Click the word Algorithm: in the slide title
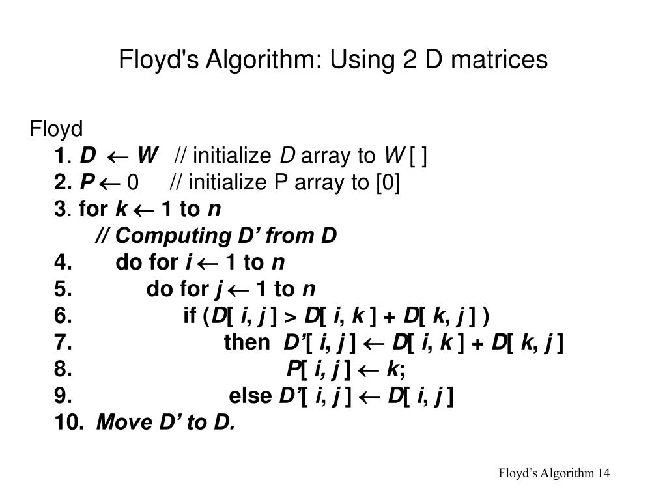click(263, 59)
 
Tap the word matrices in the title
click(499, 59)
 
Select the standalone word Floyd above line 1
click(56, 128)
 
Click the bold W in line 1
click(148, 155)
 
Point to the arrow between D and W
click(117, 158)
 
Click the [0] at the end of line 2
click(388, 183)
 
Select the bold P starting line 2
click(87, 182)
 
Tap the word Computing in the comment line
click(173, 236)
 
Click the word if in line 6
click(190, 315)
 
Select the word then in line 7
click(247, 342)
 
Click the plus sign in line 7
click(477, 344)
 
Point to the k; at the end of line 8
click(395, 369)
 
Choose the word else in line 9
click(250, 396)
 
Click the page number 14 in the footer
click(604, 473)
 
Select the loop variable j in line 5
click(220, 290)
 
